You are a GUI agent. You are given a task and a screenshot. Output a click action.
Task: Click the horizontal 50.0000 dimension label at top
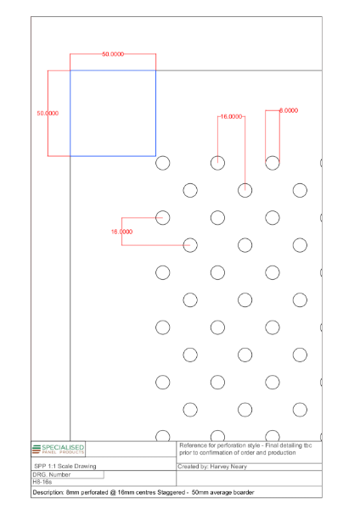coord(113,53)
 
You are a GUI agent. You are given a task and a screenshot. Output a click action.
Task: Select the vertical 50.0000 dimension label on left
coord(47,113)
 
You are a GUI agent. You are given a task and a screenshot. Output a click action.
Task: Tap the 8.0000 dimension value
coord(289,110)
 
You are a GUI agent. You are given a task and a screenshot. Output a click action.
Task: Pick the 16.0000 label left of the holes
coord(121,232)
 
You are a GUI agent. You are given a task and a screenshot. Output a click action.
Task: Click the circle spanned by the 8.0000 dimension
coord(273,163)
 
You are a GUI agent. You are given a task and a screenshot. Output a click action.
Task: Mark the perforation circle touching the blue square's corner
coord(163,163)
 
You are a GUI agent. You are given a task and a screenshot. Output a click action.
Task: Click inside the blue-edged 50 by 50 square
coord(112,113)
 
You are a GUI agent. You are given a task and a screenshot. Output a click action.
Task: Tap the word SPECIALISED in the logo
coord(65,446)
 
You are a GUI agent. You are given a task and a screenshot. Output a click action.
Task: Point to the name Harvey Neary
coord(229,466)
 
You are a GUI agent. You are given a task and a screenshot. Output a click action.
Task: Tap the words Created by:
coord(195,466)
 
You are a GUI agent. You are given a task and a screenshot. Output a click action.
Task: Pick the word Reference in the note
coord(195,445)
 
